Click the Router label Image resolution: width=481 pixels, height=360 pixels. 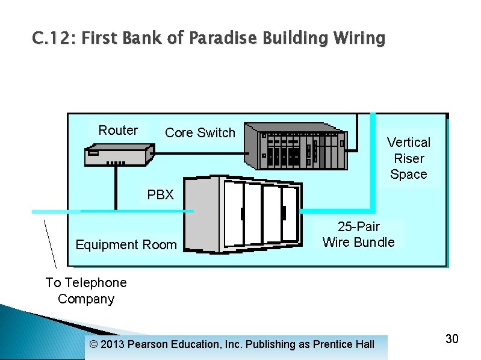(x=118, y=131)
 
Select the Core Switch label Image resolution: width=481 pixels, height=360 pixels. (x=200, y=132)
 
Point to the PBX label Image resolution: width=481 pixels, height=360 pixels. (x=160, y=194)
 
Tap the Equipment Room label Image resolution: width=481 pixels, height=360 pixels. (x=126, y=244)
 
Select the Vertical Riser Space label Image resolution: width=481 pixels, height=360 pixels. (x=408, y=158)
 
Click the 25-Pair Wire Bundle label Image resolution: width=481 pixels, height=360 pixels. (x=358, y=235)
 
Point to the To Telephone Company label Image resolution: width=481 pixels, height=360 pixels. (x=86, y=291)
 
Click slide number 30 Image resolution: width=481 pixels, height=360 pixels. (x=452, y=339)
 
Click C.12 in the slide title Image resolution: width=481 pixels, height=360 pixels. (x=54, y=39)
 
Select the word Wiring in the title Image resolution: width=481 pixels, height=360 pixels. (x=357, y=39)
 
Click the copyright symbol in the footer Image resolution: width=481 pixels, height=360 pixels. (x=92, y=344)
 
